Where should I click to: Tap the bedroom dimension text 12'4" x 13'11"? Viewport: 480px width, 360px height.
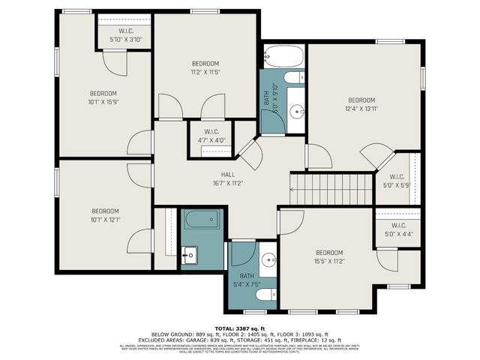[361, 109]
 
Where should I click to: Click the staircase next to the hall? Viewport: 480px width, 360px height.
[331, 188]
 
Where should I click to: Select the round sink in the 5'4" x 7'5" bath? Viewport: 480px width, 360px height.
[268, 261]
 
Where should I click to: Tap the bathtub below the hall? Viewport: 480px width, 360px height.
[202, 221]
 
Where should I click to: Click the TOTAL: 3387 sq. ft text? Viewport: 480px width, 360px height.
[239, 328]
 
